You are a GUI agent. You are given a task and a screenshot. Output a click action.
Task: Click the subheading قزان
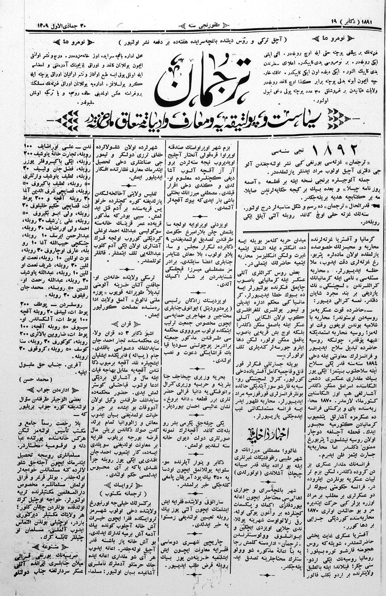click(x=127, y=323)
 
